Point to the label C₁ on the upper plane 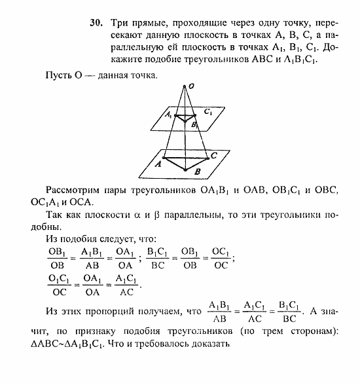[x=208, y=113]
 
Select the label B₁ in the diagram [x=194, y=123]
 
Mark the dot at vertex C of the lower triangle [x=209, y=156]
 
